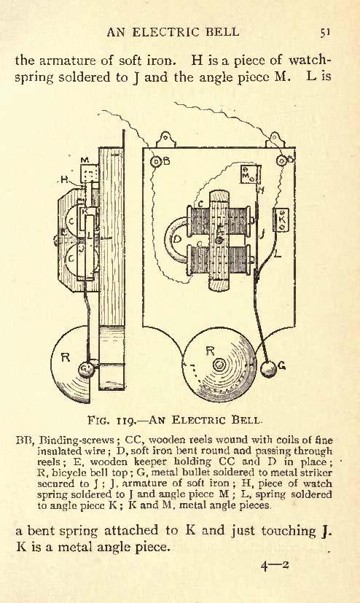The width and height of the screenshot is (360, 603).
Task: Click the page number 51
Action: [x=325, y=32]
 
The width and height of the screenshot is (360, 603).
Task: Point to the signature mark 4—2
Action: [x=275, y=566]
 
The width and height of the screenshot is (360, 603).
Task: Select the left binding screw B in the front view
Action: [x=157, y=162]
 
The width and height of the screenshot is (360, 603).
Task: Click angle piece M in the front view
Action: [x=250, y=174]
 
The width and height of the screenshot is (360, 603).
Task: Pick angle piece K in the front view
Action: [x=281, y=220]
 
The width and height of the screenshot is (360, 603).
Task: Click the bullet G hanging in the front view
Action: [x=268, y=369]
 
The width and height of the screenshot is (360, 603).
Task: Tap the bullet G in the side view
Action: [x=85, y=370]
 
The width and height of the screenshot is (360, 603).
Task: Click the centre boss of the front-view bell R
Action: [x=219, y=365]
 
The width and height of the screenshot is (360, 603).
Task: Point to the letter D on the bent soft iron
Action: [x=177, y=239]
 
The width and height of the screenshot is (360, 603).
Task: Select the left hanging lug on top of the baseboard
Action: [x=166, y=139]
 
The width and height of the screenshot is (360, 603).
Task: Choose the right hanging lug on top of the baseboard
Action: [x=275, y=139]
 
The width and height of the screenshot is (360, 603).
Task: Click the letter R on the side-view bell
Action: [x=66, y=357]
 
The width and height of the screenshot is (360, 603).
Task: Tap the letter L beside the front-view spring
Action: [x=278, y=254]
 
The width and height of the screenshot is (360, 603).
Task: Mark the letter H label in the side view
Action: [x=64, y=180]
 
